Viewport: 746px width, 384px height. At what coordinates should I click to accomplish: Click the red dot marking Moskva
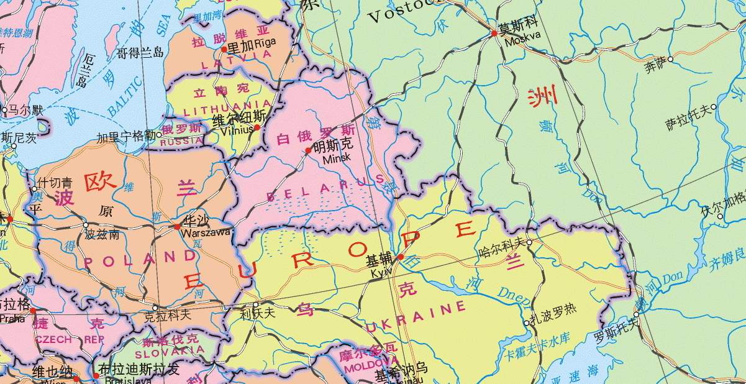click(x=494, y=33)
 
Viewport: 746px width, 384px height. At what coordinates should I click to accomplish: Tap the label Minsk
click(x=337, y=158)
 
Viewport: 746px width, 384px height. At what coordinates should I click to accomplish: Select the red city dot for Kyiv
click(x=401, y=257)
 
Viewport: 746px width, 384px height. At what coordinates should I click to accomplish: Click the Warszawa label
click(x=206, y=232)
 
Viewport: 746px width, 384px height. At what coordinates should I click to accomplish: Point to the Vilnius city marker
click(x=257, y=127)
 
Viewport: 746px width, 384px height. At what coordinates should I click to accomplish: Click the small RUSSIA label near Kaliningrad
click(x=181, y=142)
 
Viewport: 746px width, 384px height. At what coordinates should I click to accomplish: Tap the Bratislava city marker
click(x=95, y=375)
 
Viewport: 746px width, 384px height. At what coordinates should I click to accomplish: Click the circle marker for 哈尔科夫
click(x=529, y=243)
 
